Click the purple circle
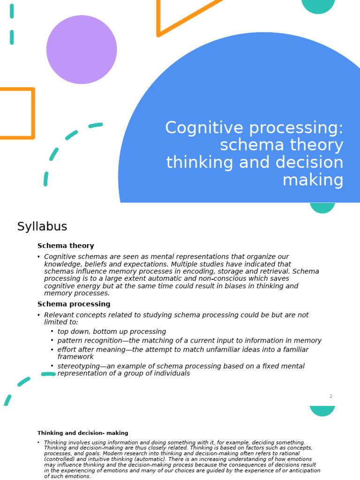click(x=82, y=50)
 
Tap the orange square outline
click(x=33, y=113)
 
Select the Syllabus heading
click(x=42, y=227)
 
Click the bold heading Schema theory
click(x=66, y=246)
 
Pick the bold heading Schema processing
click(x=74, y=304)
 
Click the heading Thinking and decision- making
click(x=82, y=433)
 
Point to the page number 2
click(x=330, y=396)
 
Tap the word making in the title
click(x=313, y=180)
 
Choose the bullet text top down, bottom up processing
click(x=112, y=331)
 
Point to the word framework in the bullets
click(x=75, y=357)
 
